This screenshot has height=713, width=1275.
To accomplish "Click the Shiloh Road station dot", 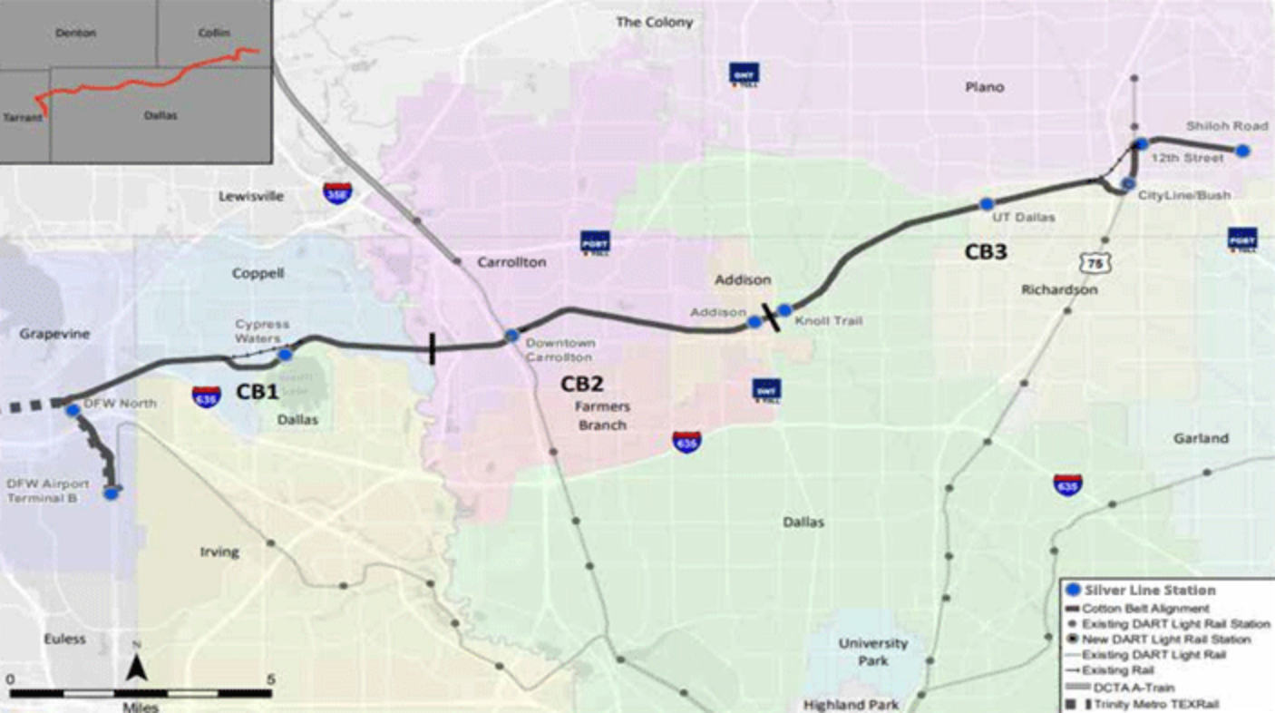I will [1243, 151].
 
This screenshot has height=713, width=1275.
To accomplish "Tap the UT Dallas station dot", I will [986, 203].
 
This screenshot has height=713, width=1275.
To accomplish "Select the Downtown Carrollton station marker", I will [512, 337].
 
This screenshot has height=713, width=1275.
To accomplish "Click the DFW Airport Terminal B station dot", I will [112, 493].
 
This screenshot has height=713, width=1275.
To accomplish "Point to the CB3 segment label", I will [985, 253].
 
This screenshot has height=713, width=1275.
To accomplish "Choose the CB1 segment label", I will [257, 392].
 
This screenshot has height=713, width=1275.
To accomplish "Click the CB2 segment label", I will [581, 384].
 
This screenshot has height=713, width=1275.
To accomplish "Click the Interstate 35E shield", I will [335, 192].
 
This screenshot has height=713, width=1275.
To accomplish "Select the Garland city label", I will [1202, 438].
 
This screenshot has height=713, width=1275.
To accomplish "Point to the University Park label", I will [872, 651].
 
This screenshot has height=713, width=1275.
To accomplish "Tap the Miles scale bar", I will [141, 694].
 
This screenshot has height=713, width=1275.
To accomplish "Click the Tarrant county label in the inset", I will [23, 118].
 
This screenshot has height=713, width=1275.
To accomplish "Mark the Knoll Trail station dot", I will [785, 310].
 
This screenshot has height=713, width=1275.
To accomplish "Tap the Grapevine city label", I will [55, 334].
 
